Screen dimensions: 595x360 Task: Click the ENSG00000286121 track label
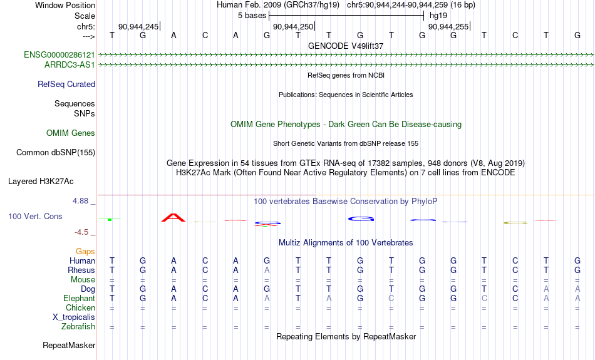pyautogui.click(x=59, y=55)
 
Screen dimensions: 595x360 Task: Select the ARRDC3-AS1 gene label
pyautogui.click(x=70, y=65)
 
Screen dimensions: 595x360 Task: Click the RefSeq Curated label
pyautogui.click(x=66, y=85)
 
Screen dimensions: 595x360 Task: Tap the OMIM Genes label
pyautogui.click(x=71, y=133)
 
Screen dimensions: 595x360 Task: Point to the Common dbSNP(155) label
pyautogui.click(x=56, y=153)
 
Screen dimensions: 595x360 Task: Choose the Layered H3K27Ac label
pyautogui.click(x=41, y=182)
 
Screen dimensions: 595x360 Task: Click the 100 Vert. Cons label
pyautogui.click(x=35, y=216)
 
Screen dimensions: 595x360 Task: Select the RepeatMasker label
pyautogui.click(x=69, y=345)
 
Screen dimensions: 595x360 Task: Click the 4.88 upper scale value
pyautogui.click(x=80, y=201)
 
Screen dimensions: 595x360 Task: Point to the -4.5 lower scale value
pyautogui.click(x=81, y=232)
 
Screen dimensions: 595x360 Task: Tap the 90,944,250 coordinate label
pyautogui.click(x=293, y=26)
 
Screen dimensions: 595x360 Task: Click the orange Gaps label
pyautogui.click(x=85, y=251)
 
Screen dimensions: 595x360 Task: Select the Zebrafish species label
pyautogui.click(x=78, y=327)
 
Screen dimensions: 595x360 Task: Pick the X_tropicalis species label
pyautogui.click(x=74, y=317)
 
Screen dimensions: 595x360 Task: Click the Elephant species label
pyautogui.click(x=80, y=299)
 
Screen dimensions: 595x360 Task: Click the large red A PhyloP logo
pyautogui.click(x=173, y=218)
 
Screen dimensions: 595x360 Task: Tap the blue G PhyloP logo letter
pyautogui.click(x=361, y=219)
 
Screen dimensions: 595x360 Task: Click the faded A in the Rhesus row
pyautogui.click(x=267, y=270)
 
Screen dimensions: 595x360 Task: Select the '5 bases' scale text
pyautogui.click(x=252, y=16)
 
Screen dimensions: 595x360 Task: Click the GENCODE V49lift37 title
pyautogui.click(x=346, y=46)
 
